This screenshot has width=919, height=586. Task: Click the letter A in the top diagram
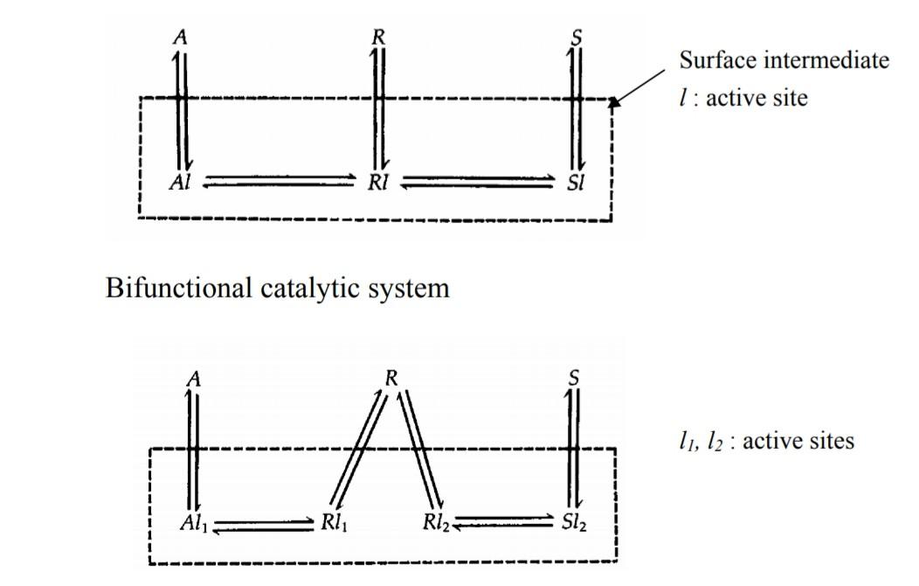(182, 38)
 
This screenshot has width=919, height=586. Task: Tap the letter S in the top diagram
(576, 38)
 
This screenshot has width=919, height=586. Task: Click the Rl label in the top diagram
(378, 183)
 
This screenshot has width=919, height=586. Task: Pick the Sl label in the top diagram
(576, 183)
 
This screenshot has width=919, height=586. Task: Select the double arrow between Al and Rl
(280, 181)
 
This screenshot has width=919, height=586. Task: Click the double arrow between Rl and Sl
(477, 181)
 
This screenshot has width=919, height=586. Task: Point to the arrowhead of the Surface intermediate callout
(615, 103)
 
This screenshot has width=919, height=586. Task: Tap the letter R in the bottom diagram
(391, 378)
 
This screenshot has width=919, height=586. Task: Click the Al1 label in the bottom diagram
(192, 524)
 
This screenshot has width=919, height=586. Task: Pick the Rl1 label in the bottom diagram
(336, 524)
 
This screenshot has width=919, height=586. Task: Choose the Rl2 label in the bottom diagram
(436, 524)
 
